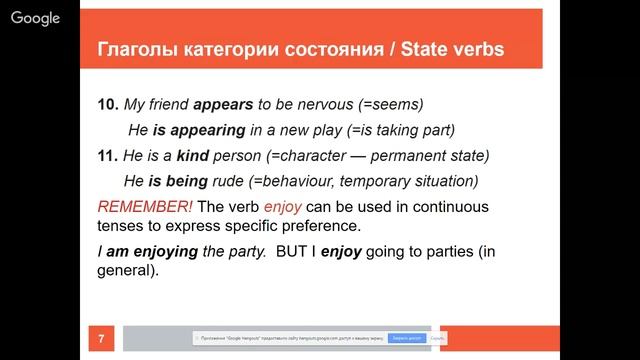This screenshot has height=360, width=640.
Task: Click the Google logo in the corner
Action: pos(34,18)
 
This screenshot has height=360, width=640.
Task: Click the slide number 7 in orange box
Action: pos(101,339)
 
